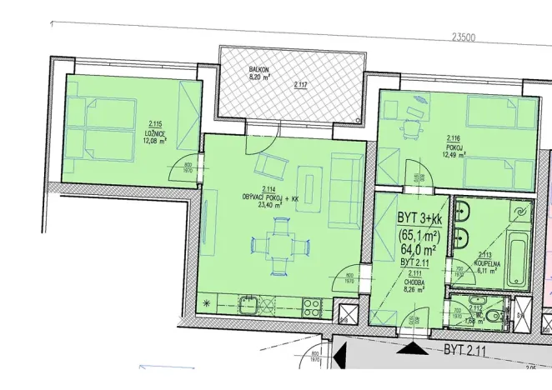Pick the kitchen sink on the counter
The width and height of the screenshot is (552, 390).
[247, 304]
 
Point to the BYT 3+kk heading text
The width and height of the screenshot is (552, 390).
[422, 217]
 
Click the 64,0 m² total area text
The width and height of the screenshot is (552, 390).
[420, 248]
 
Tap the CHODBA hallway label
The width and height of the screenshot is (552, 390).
[414, 282]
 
